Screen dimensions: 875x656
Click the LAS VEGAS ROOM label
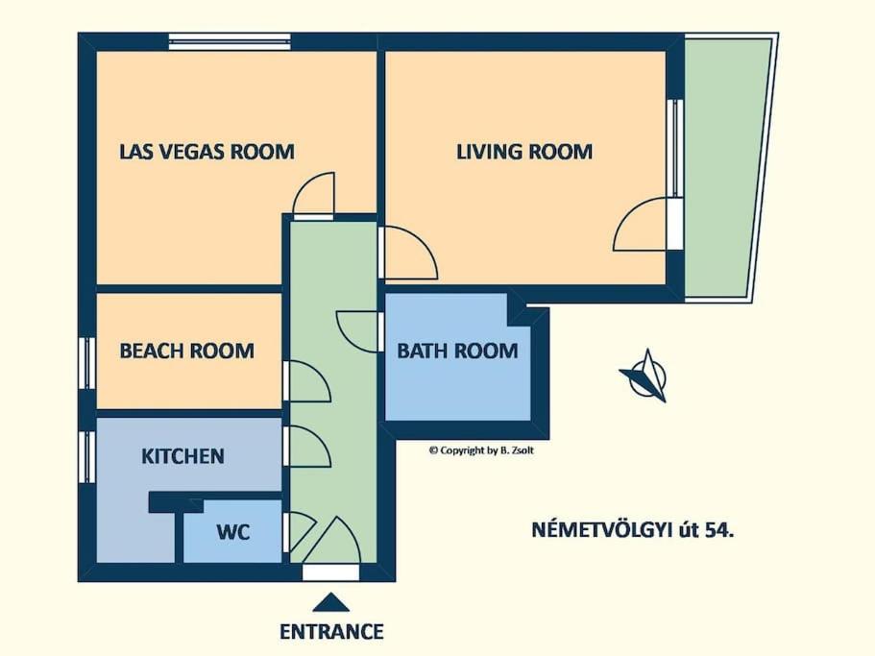point(207,152)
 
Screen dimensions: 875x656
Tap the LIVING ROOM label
point(524,152)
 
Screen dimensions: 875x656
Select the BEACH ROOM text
point(187,351)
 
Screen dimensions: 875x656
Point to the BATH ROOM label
point(457,351)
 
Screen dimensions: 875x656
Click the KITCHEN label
point(183,456)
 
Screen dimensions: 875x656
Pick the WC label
point(233,532)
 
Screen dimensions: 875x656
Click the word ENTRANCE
point(331,631)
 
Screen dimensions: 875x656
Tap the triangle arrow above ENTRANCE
point(331,603)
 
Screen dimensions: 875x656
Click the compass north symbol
point(645,376)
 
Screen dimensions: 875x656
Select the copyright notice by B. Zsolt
point(481,450)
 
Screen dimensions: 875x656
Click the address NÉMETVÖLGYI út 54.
point(633,529)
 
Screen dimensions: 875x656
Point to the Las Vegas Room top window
point(230,42)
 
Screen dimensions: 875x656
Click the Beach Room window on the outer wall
point(87,363)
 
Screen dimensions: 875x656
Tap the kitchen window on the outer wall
point(87,457)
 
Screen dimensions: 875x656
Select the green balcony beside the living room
point(728,167)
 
